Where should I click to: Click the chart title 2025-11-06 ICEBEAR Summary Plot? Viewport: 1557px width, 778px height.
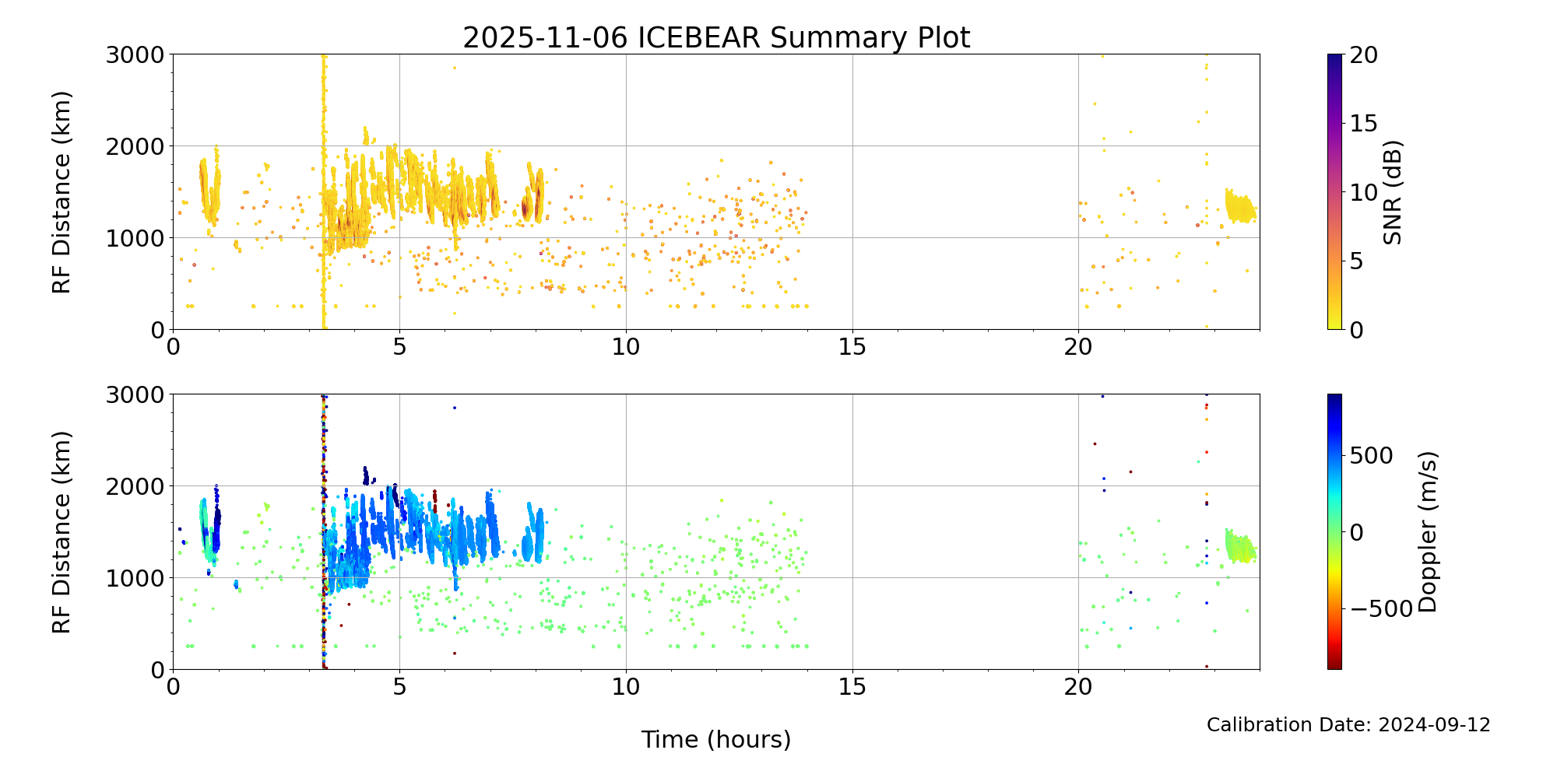(716, 37)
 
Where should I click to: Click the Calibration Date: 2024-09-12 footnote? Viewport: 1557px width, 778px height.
(1348, 725)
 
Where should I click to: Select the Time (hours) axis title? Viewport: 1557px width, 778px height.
(716, 739)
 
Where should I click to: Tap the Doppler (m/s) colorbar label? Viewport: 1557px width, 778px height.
(1427, 531)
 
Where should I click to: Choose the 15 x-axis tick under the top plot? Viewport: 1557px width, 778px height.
(852, 347)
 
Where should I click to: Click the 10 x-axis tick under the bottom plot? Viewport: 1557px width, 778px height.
(626, 687)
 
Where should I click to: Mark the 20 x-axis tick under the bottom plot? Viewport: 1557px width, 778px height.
(1078, 687)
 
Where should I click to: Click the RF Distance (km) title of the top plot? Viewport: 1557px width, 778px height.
(62, 192)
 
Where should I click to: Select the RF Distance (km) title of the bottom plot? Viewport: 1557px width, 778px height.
(62, 532)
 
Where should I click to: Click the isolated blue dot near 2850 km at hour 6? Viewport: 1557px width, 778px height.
(455, 408)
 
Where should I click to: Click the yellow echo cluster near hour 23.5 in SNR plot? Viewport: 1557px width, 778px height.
(1239, 209)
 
